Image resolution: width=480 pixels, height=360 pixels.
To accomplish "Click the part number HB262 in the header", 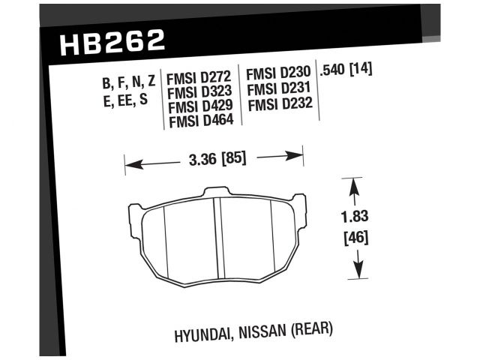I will tap(111, 41).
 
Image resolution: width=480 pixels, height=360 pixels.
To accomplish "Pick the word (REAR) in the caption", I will tap(309, 328).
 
